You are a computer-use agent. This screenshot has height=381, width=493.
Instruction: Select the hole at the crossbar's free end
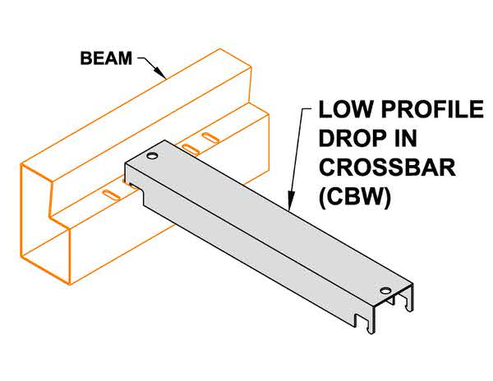385,290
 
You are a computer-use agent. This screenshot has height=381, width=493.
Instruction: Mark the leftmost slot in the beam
110,195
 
